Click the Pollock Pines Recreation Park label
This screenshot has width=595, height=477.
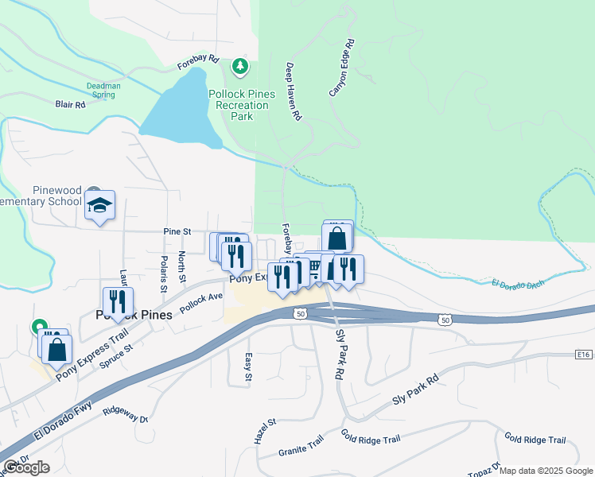(242, 105)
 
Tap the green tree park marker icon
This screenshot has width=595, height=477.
(239, 66)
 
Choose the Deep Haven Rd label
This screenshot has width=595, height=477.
(294, 91)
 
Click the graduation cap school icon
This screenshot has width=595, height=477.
(99, 205)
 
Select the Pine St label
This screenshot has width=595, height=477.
(177, 231)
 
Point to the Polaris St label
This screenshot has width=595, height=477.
(164, 270)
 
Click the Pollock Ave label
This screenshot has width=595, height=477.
(200, 302)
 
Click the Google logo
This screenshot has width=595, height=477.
(26, 467)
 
